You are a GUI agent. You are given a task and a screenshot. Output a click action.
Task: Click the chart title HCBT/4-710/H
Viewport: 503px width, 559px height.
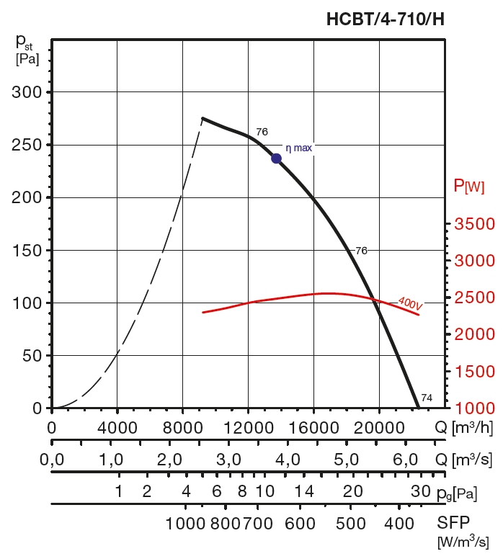(386, 19)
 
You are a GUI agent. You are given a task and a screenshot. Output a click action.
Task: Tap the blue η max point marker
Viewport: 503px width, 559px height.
(276, 158)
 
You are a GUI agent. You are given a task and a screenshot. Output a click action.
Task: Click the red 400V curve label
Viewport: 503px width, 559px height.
(409, 304)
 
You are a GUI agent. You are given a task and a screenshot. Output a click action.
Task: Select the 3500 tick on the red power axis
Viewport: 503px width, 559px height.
(475, 225)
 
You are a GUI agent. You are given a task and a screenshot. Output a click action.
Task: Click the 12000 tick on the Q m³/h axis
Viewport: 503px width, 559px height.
(248, 427)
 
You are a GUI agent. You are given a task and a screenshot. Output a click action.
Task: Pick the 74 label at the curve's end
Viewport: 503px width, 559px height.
(427, 398)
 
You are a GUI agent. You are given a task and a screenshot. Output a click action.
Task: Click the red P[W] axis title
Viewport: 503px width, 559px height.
(468, 186)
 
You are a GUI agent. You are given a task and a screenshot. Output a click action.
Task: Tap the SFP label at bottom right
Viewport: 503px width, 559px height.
(451, 522)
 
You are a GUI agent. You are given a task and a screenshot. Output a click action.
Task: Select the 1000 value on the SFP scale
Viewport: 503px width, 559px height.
(186, 523)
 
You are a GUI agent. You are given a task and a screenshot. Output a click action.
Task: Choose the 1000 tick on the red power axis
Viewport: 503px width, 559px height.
(475, 408)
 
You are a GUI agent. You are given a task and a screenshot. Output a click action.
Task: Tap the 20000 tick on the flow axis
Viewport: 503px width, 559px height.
(379, 427)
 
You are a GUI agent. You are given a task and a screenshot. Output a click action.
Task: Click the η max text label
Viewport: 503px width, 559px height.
(299, 148)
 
